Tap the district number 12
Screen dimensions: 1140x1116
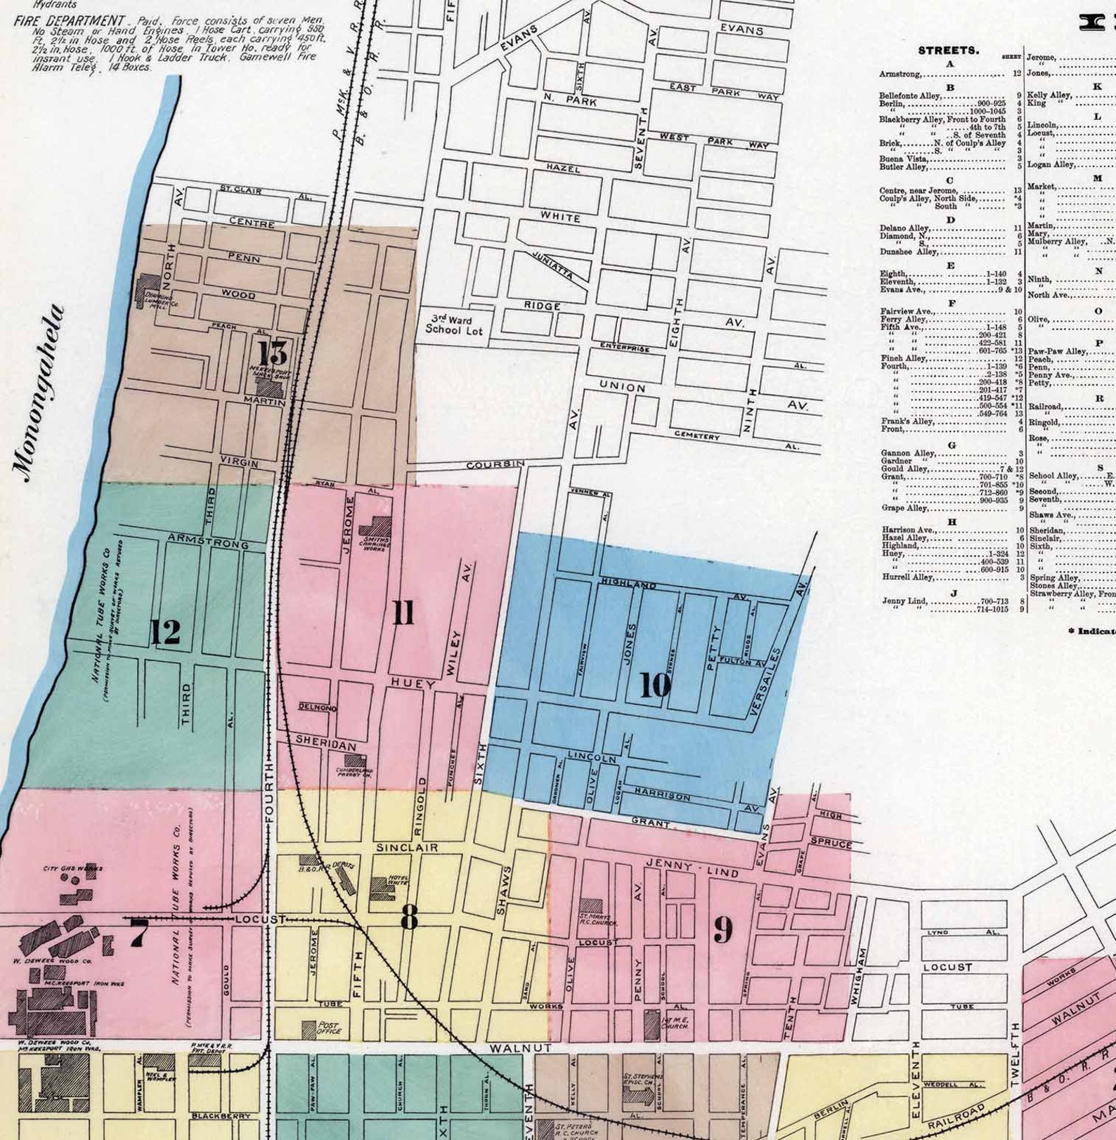click(166, 633)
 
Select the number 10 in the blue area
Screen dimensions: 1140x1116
click(655, 686)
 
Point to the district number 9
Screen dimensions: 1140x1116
click(723, 930)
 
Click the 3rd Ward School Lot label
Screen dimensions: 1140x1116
click(453, 325)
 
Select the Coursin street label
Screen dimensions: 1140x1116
click(495, 465)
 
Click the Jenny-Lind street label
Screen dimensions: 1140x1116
click(692, 867)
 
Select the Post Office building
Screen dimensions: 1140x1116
click(309, 1030)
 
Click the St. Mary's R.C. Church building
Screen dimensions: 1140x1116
click(591, 908)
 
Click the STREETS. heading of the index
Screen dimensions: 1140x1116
click(948, 51)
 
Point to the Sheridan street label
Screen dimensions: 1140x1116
click(325, 740)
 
